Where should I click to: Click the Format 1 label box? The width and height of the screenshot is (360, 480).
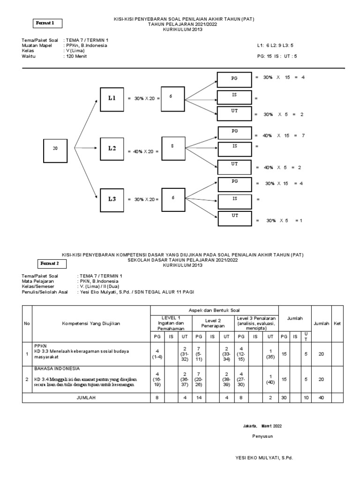[48, 23]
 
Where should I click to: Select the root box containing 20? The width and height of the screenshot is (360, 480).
[55, 148]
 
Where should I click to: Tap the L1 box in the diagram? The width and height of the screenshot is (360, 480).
[112, 98]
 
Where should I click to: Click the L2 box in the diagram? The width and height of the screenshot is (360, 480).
[112, 149]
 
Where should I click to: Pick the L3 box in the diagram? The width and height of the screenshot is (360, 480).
[112, 199]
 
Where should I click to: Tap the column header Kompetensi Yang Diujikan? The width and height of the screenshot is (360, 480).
[91, 324]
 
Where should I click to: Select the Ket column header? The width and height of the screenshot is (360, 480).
[337, 324]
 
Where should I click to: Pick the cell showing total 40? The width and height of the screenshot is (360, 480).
[321, 397]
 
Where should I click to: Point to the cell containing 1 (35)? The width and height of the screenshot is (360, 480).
[270, 354]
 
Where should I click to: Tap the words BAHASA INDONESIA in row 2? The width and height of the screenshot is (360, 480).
[56, 369]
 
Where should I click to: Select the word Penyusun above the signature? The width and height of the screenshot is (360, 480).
[262, 436]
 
